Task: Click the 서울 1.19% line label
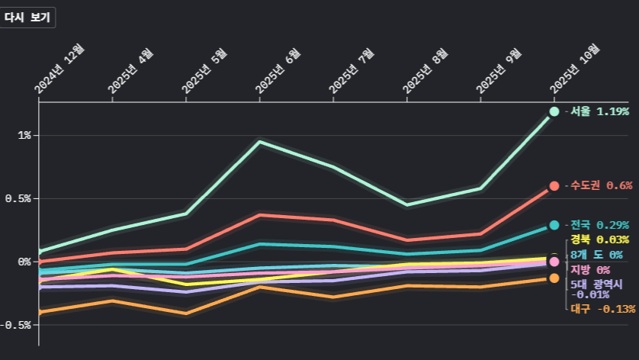(x=599, y=111)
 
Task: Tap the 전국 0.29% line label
(x=599, y=225)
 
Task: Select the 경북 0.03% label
(x=599, y=240)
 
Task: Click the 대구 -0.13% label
(x=602, y=309)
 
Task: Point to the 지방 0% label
(x=590, y=270)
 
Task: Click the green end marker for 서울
(x=554, y=111)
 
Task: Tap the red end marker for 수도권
(x=554, y=185)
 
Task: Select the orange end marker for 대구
(x=554, y=278)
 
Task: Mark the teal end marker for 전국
(x=554, y=225)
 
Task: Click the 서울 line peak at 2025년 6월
(x=260, y=142)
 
